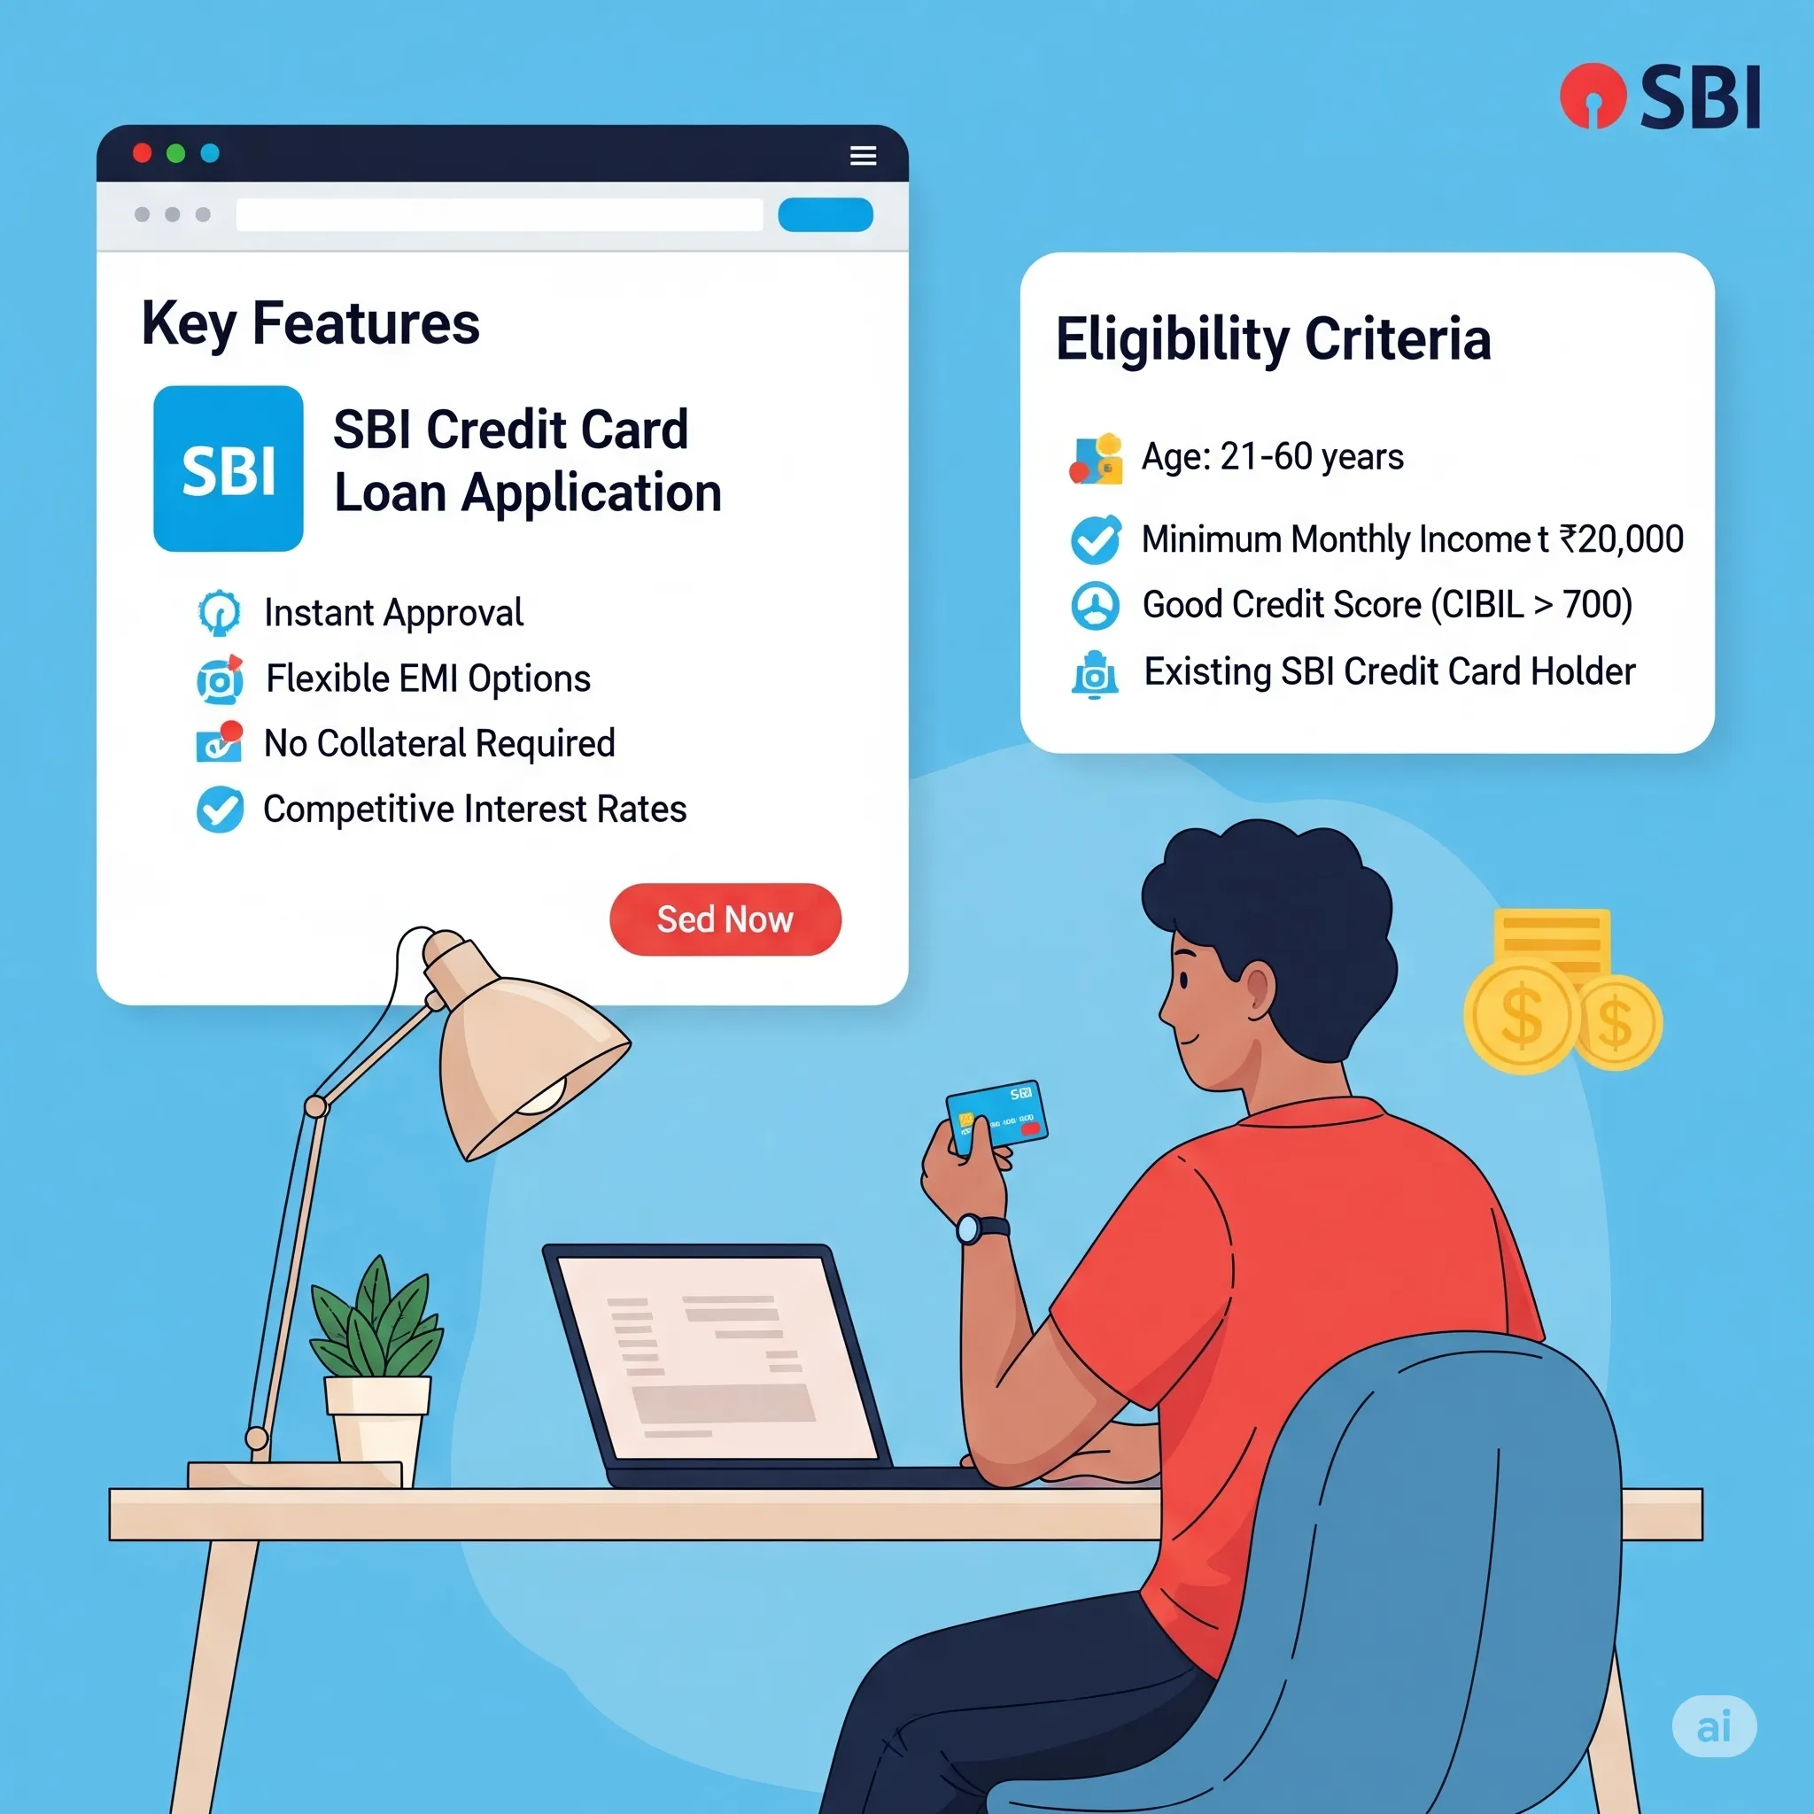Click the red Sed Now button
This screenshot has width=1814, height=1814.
pyautogui.click(x=725, y=919)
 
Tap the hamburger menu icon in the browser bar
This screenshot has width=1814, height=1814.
pyautogui.click(x=863, y=155)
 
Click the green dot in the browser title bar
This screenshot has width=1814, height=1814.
pyautogui.click(x=175, y=153)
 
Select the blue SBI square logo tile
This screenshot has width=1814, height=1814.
pyautogui.click(x=229, y=469)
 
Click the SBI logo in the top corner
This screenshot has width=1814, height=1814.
pyautogui.click(x=1659, y=97)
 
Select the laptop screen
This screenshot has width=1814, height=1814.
pyautogui.click(x=717, y=1357)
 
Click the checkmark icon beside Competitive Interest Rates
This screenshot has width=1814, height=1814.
pyautogui.click(x=220, y=810)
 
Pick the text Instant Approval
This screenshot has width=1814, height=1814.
pyautogui.click(x=393, y=613)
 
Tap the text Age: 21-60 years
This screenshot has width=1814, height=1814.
pyautogui.click(x=1272, y=457)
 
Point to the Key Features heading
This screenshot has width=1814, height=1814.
pyautogui.click(x=311, y=323)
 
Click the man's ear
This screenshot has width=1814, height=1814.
pyautogui.click(x=1257, y=994)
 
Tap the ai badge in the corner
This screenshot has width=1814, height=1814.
pyautogui.click(x=1714, y=1725)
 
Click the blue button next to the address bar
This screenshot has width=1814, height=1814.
pyautogui.click(x=826, y=215)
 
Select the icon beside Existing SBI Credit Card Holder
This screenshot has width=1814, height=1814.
pyautogui.click(x=1095, y=674)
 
